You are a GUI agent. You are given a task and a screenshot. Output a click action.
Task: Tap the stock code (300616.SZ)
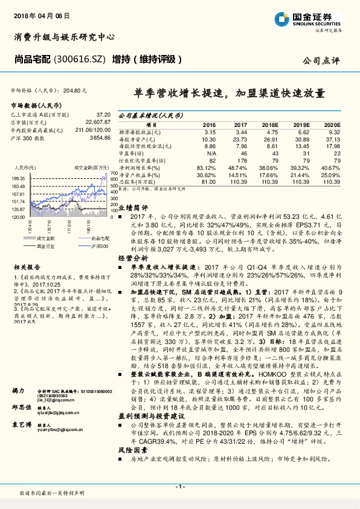82,59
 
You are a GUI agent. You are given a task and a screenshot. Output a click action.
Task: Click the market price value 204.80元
75,91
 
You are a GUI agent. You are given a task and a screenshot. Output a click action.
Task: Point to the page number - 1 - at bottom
179,487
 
